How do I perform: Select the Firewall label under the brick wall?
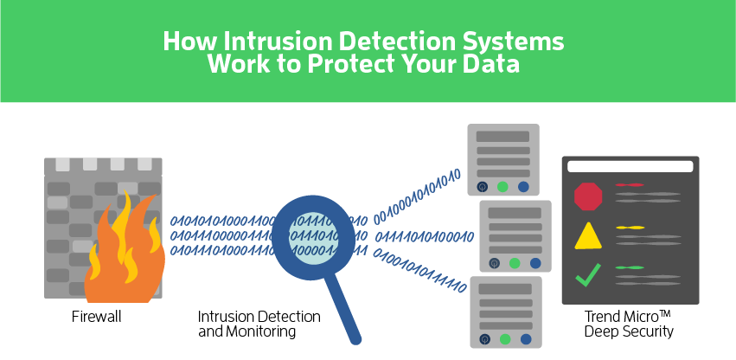(96, 317)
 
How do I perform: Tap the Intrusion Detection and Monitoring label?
(259, 324)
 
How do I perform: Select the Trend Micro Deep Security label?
(628, 324)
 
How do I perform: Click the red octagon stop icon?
(588, 196)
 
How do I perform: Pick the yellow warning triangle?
(588, 236)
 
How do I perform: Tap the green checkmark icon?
(588, 275)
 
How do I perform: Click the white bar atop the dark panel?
(630, 166)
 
